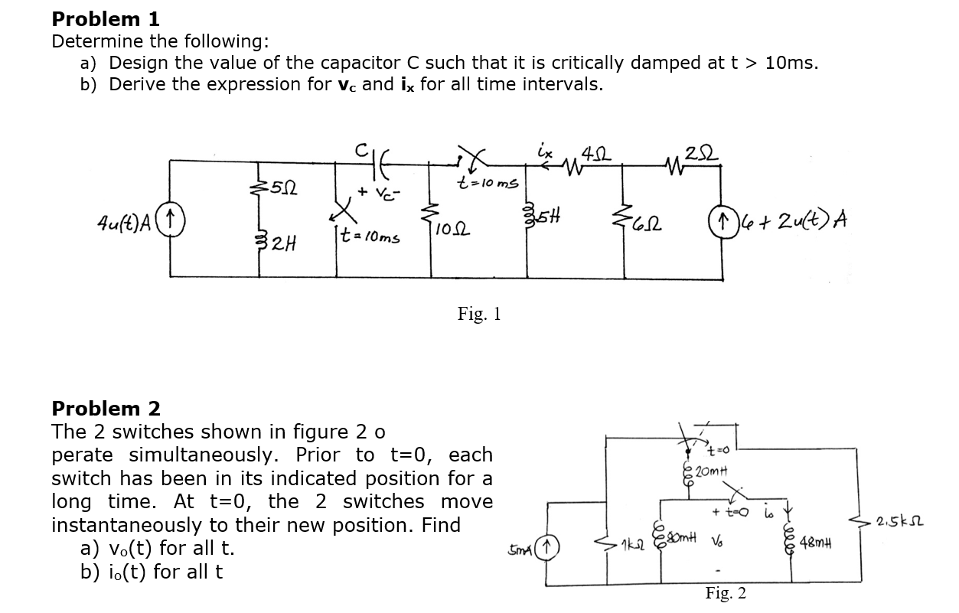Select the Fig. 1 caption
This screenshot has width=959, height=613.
click(479, 313)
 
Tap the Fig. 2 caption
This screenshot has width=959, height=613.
click(726, 593)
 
